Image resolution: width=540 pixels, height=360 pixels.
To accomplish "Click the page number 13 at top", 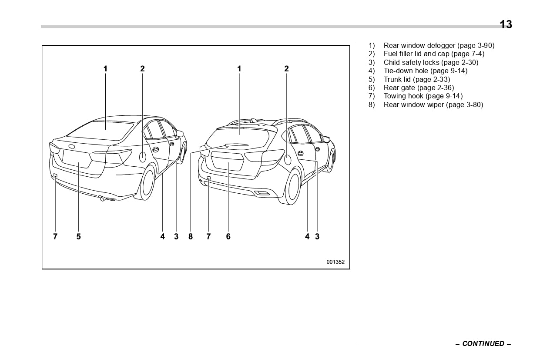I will (x=506, y=24).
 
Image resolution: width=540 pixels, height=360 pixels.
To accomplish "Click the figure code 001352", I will (x=335, y=262).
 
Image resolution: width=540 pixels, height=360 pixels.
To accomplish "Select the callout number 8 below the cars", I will (x=190, y=236).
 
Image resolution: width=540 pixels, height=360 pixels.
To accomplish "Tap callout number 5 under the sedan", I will (x=79, y=236).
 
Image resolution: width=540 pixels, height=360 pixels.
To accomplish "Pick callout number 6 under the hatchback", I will (x=228, y=236).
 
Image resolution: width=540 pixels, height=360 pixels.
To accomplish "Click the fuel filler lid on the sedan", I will (x=142, y=157).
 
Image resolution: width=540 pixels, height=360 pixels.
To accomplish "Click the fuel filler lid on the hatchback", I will (x=287, y=159).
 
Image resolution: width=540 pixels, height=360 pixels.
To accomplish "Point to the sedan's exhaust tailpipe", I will (x=102, y=199).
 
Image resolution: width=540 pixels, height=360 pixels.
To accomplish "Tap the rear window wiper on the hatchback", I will (x=237, y=145).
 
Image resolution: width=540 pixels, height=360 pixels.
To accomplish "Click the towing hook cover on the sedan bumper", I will (x=55, y=175).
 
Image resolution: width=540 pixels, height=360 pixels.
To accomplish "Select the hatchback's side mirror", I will (x=327, y=139).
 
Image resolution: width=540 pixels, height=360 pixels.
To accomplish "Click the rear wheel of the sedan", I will (x=148, y=182).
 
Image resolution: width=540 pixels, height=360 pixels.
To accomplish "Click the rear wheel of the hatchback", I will (x=293, y=187).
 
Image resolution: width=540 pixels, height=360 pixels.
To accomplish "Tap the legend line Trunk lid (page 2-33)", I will (x=416, y=79).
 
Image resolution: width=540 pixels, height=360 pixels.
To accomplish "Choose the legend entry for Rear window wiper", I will (x=433, y=104).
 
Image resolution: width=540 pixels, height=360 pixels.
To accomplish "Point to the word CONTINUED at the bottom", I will (x=483, y=343).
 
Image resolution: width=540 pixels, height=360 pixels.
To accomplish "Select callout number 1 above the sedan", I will (x=105, y=68).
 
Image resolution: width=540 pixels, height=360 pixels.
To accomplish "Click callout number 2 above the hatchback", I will (x=286, y=68).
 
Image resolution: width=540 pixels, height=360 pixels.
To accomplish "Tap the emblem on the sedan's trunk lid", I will (x=71, y=147).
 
